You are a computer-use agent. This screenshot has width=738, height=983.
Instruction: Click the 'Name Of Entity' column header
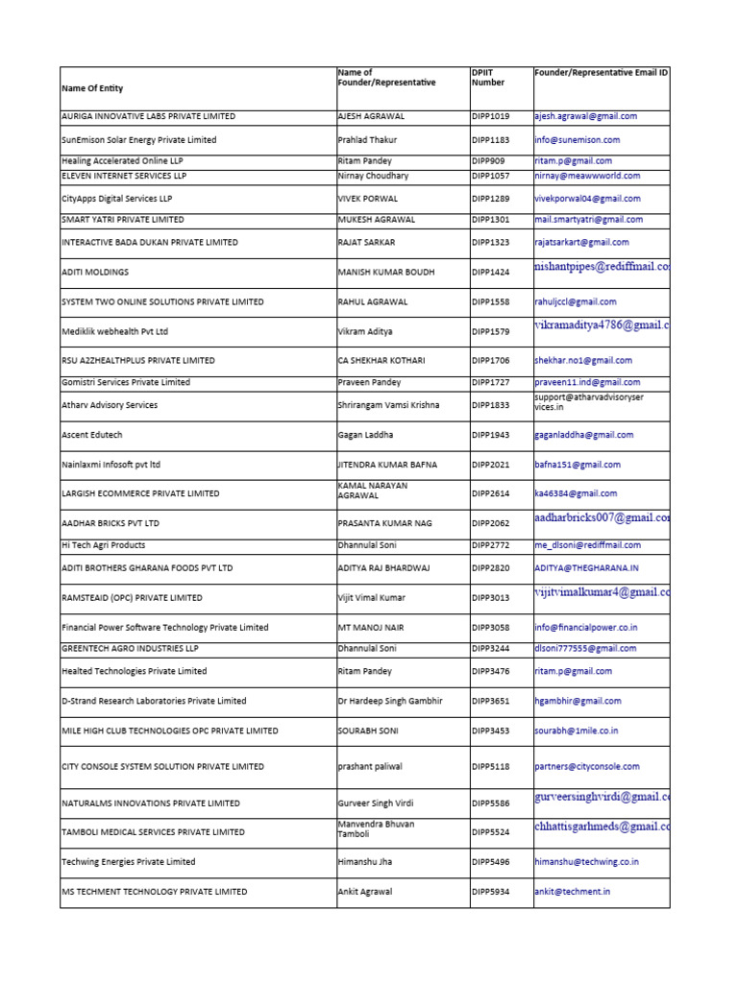pyautogui.click(x=92, y=88)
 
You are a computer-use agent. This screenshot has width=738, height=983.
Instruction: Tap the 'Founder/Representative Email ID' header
pyautogui.click(x=601, y=73)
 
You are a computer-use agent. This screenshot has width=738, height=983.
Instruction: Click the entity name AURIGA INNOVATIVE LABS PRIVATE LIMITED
pyautogui.click(x=148, y=116)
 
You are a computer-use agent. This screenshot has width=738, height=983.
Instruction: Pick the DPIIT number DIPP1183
pyautogui.click(x=490, y=140)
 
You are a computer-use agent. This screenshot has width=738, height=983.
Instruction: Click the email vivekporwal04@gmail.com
pyautogui.click(x=587, y=199)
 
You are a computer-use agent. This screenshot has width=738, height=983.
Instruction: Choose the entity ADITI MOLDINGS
pyautogui.click(x=95, y=273)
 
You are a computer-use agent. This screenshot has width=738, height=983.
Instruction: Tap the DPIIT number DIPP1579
pyautogui.click(x=490, y=331)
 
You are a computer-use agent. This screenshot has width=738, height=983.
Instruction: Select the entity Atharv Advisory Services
pyautogui.click(x=110, y=405)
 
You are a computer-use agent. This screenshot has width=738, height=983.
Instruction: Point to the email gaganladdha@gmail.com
pyautogui.click(x=584, y=435)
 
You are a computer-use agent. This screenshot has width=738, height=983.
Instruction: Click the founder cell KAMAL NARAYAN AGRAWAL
pyautogui.click(x=373, y=491)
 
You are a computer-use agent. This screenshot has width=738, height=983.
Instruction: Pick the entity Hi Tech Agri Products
pyautogui.click(x=103, y=545)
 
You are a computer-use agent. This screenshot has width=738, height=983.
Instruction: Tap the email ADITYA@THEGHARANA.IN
pyautogui.click(x=586, y=568)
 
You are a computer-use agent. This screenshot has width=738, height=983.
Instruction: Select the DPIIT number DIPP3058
pyautogui.click(x=490, y=628)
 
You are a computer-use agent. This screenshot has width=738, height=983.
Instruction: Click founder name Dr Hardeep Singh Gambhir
pyautogui.click(x=390, y=702)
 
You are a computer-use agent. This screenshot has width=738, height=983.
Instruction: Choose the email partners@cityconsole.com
pyautogui.click(x=587, y=767)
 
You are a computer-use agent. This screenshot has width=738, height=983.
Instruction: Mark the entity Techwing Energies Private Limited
pyautogui.click(x=128, y=862)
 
